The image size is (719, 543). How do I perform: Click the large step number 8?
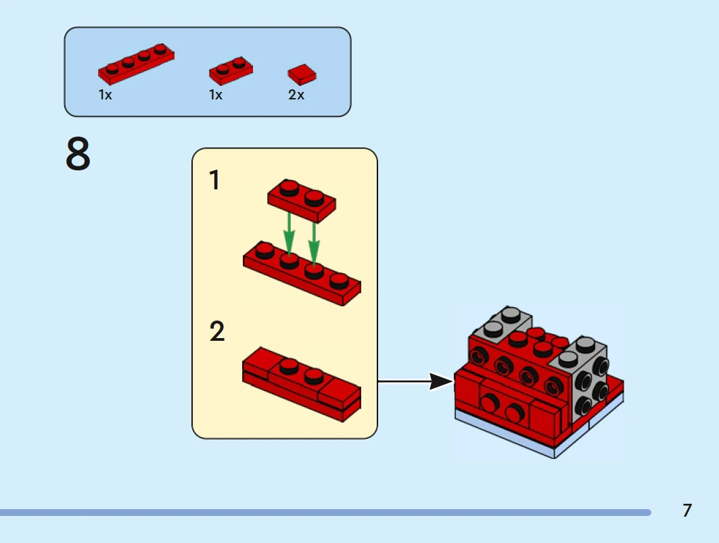pos(78,154)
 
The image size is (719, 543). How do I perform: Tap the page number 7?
pos(687,511)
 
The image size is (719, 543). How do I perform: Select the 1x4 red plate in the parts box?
pos(136,63)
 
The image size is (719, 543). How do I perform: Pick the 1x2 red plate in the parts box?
pos(231,69)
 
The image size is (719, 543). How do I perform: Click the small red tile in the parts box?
pos(302,74)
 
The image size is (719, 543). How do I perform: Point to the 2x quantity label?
pos(296,95)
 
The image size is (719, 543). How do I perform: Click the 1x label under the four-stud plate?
pos(105,95)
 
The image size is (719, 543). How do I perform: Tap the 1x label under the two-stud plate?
pos(216,95)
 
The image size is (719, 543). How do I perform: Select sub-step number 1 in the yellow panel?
pos(214,181)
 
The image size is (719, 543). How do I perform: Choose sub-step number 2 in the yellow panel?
pos(216,332)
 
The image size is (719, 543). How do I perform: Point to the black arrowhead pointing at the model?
pos(441,382)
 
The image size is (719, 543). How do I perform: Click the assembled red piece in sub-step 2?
pos(301,383)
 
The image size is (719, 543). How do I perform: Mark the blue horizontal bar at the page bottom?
pos(325,513)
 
